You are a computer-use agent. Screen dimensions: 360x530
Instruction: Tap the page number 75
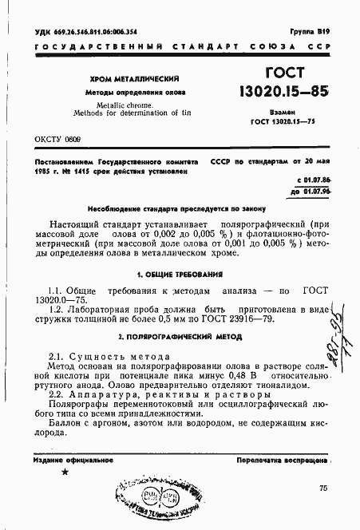(x=322, y=488)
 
